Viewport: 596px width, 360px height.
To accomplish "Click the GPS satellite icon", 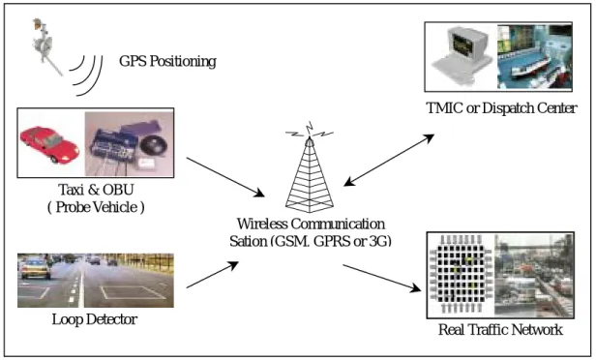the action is [x=46, y=45].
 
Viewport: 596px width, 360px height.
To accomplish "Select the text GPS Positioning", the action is [x=167, y=61].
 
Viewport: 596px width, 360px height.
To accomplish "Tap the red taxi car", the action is [x=49, y=144].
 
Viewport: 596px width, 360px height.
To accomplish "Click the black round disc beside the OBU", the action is [x=154, y=145].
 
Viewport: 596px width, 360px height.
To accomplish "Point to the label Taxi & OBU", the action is [x=96, y=190].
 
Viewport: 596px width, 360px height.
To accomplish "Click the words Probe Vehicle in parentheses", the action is [x=96, y=207].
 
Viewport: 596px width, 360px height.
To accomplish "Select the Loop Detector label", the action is [x=94, y=319].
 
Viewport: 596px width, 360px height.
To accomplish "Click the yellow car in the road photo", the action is [x=36, y=267].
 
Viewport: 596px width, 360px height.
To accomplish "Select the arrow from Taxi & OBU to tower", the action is [x=225, y=177].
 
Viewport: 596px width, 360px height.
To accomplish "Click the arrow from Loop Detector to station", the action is [x=212, y=275].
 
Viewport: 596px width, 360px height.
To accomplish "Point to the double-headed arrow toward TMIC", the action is [x=389, y=160].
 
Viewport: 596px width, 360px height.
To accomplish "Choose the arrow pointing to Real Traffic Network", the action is [x=382, y=279].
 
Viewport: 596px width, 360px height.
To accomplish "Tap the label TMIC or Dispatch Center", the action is [x=502, y=108].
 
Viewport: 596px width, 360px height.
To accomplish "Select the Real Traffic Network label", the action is [x=500, y=330].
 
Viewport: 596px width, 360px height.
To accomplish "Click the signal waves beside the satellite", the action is [x=87, y=75].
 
